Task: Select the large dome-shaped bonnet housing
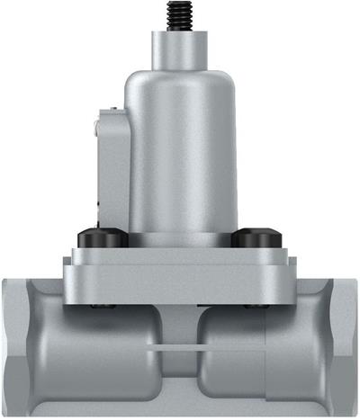pyautogui.click(x=184, y=153)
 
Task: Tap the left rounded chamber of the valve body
pyautogui.click(x=99, y=355)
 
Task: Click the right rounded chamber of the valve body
pyautogui.click(x=243, y=355)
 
